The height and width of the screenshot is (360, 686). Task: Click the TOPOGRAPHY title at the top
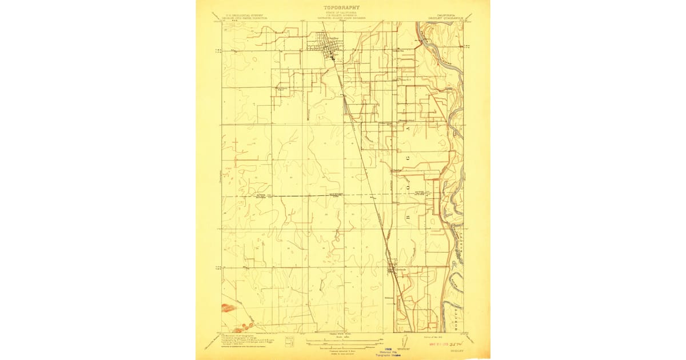(x=342, y=8)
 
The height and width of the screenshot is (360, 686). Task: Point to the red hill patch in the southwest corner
(x=228, y=308)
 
